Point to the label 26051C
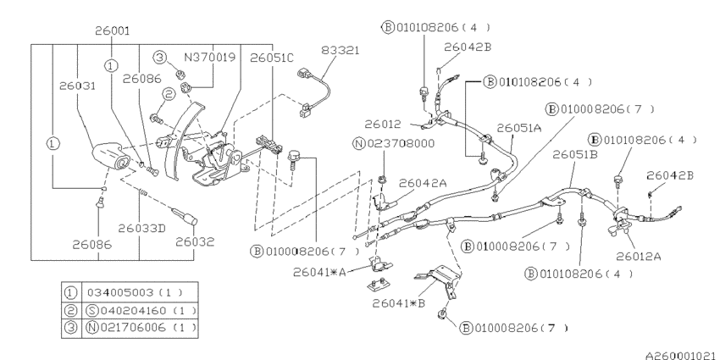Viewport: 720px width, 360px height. [x=273, y=58]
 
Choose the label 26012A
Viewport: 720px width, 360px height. [x=639, y=257]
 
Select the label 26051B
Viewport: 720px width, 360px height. [x=575, y=156]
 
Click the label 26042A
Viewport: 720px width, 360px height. [x=422, y=181]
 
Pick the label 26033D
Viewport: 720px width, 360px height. [x=141, y=227]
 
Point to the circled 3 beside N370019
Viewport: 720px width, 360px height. [x=158, y=58]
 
